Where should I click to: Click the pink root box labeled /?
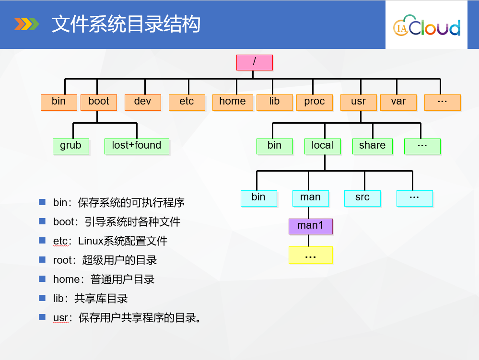pos(255,63)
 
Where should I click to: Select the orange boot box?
pos(99,102)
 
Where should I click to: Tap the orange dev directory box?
pos(143,102)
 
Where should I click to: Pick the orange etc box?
pos(187,102)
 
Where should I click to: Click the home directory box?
pos(233,102)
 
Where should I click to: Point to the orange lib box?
pos(275,102)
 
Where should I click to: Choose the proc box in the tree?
pos(315,102)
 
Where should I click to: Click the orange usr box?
pos(359,102)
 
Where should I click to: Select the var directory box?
pos(398,102)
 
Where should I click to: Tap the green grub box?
pos(71,146)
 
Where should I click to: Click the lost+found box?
pos(137,146)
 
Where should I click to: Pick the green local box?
pos(323,146)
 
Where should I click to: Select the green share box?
pos(373,146)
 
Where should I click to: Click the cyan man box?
pos(310,198)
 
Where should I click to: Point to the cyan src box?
pos(362,198)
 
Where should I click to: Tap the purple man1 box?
pos(310,226)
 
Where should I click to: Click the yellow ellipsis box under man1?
pos(310,255)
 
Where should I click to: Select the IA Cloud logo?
pos(427,26)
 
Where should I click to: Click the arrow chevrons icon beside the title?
pos(26,24)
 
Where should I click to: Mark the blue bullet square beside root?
pos(42,259)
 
